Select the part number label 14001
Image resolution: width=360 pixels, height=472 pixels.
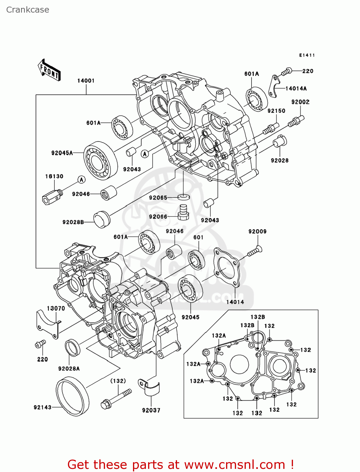click(x=86, y=81)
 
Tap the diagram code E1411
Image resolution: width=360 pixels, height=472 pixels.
click(x=307, y=55)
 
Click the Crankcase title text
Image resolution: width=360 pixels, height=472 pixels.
click(x=28, y=10)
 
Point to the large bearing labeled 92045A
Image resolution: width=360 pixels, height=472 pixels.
click(x=100, y=160)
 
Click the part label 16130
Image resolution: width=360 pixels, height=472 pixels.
click(x=54, y=177)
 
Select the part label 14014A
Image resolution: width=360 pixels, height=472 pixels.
click(x=296, y=89)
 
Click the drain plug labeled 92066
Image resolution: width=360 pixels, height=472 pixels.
click(x=184, y=212)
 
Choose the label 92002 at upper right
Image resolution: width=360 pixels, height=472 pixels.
click(x=300, y=102)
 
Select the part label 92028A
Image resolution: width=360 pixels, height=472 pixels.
click(x=69, y=368)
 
